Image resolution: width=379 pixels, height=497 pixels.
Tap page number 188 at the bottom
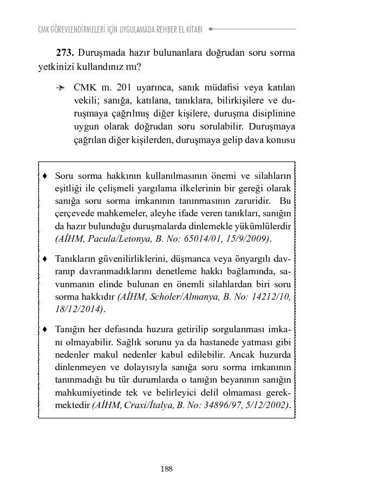coord(166,469)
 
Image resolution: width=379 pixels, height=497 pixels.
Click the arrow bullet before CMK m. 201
coord(61,88)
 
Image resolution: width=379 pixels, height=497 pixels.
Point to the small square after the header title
coord(211,29)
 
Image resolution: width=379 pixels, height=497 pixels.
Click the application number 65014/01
coord(201,239)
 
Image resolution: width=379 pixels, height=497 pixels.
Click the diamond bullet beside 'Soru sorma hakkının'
coord(45,176)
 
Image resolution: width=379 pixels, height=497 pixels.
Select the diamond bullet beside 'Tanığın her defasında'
coord(45,330)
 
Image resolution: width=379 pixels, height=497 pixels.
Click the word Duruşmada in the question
coord(100,53)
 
